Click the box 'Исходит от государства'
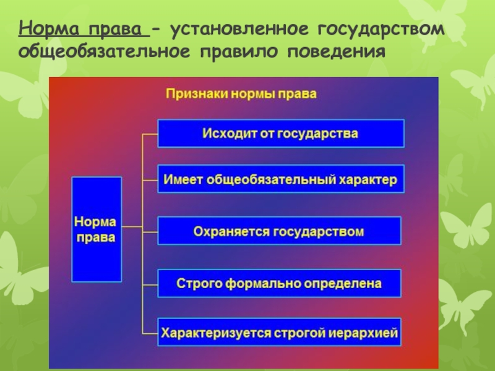(281, 133)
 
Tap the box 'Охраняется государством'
(279, 231)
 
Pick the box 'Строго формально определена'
(279, 283)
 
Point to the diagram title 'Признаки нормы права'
(241, 94)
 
